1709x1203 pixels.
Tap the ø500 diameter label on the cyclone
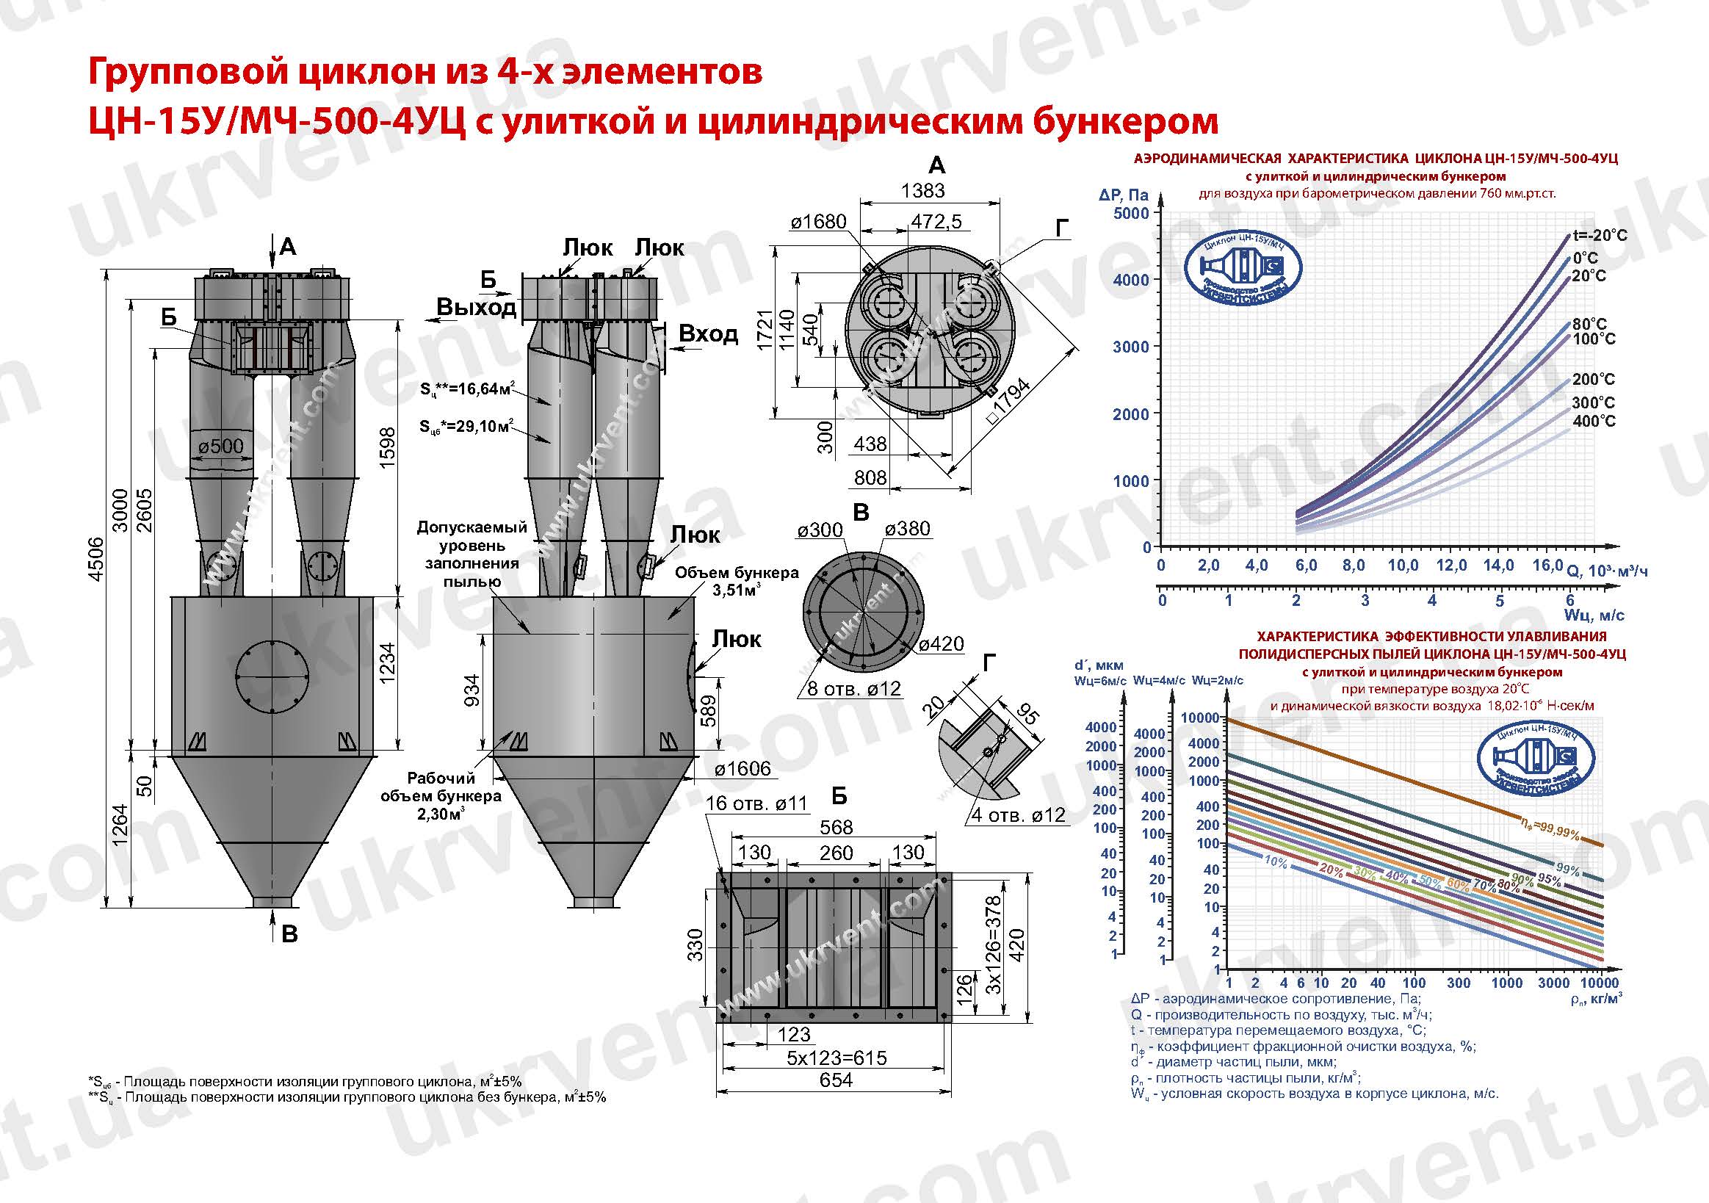coord(221,446)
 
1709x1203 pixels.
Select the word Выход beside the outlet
coord(477,307)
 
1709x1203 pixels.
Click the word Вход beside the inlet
coord(708,334)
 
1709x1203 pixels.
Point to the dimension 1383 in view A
coord(922,190)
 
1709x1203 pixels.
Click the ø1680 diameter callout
coord(818,222)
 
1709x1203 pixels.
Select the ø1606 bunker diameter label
coord(743,769)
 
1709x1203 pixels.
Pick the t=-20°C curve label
coord(1600,235)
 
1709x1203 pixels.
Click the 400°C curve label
coord(1594,422)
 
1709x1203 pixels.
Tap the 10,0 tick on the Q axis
coord(1402,566)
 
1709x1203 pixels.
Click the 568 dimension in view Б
coord(835,827)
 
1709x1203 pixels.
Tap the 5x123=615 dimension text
coord(837,1058)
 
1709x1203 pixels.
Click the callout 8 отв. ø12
coord(853,689)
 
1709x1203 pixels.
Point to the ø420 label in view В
coord(941,643)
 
